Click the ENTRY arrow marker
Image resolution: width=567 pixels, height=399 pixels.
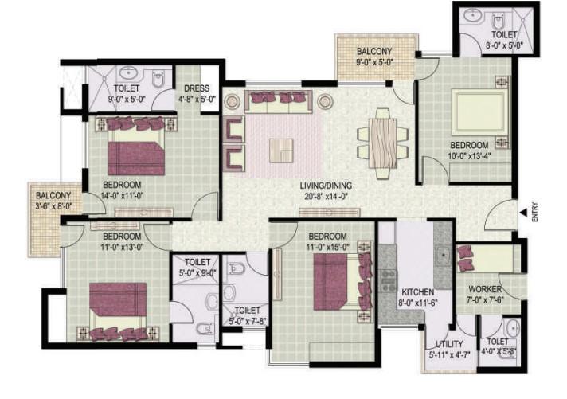(523, 213)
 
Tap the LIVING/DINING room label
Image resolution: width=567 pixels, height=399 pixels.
(326, 186)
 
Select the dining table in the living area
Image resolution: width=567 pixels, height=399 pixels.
(382, 143)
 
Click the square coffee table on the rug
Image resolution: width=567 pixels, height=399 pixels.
(281, 151)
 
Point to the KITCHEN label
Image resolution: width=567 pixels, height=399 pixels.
(417, 292)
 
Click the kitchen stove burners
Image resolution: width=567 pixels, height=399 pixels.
(389, 280)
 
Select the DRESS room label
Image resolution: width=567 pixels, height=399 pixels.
(197, 88)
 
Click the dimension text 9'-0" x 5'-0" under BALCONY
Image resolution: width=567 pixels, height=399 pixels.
(374, 62)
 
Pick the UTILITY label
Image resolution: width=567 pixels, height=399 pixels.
(449, 344)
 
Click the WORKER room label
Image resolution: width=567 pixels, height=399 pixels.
(485, 289)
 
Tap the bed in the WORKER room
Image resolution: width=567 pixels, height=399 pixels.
(488, 258)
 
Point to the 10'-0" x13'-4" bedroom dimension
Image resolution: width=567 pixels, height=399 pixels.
(469, 156)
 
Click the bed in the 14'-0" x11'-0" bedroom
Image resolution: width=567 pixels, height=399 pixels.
(136, 146)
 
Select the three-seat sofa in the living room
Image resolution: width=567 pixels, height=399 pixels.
(279, 102)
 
